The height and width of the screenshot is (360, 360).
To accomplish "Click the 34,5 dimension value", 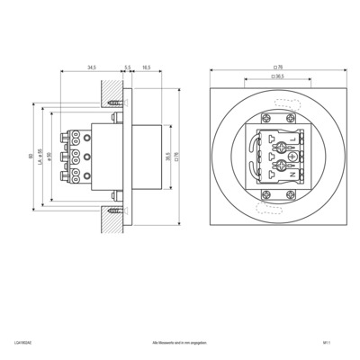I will click(91, 67).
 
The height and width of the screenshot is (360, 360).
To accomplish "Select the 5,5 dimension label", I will click(128, 67).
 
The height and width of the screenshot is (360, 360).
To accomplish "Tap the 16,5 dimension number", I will click(147, 67).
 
